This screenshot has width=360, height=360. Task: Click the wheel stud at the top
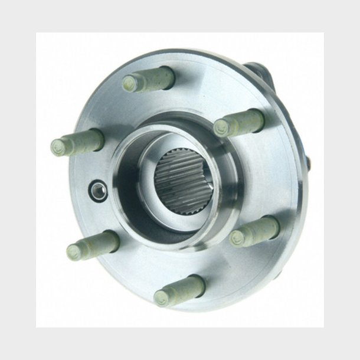pyautogui.click(x=149, y=80)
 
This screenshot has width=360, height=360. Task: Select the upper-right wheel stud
pyautogui.click(x=239, y=122)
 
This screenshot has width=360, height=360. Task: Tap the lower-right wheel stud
pyautogui.click(x=254, y=231)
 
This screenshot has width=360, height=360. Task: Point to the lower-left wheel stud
pyautogui.click(x=93, y=244)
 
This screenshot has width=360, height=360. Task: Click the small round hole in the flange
pyautogui.click(x=96, y=189)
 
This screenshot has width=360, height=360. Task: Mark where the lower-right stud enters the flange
pyautogui.click(x=273, y=224)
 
